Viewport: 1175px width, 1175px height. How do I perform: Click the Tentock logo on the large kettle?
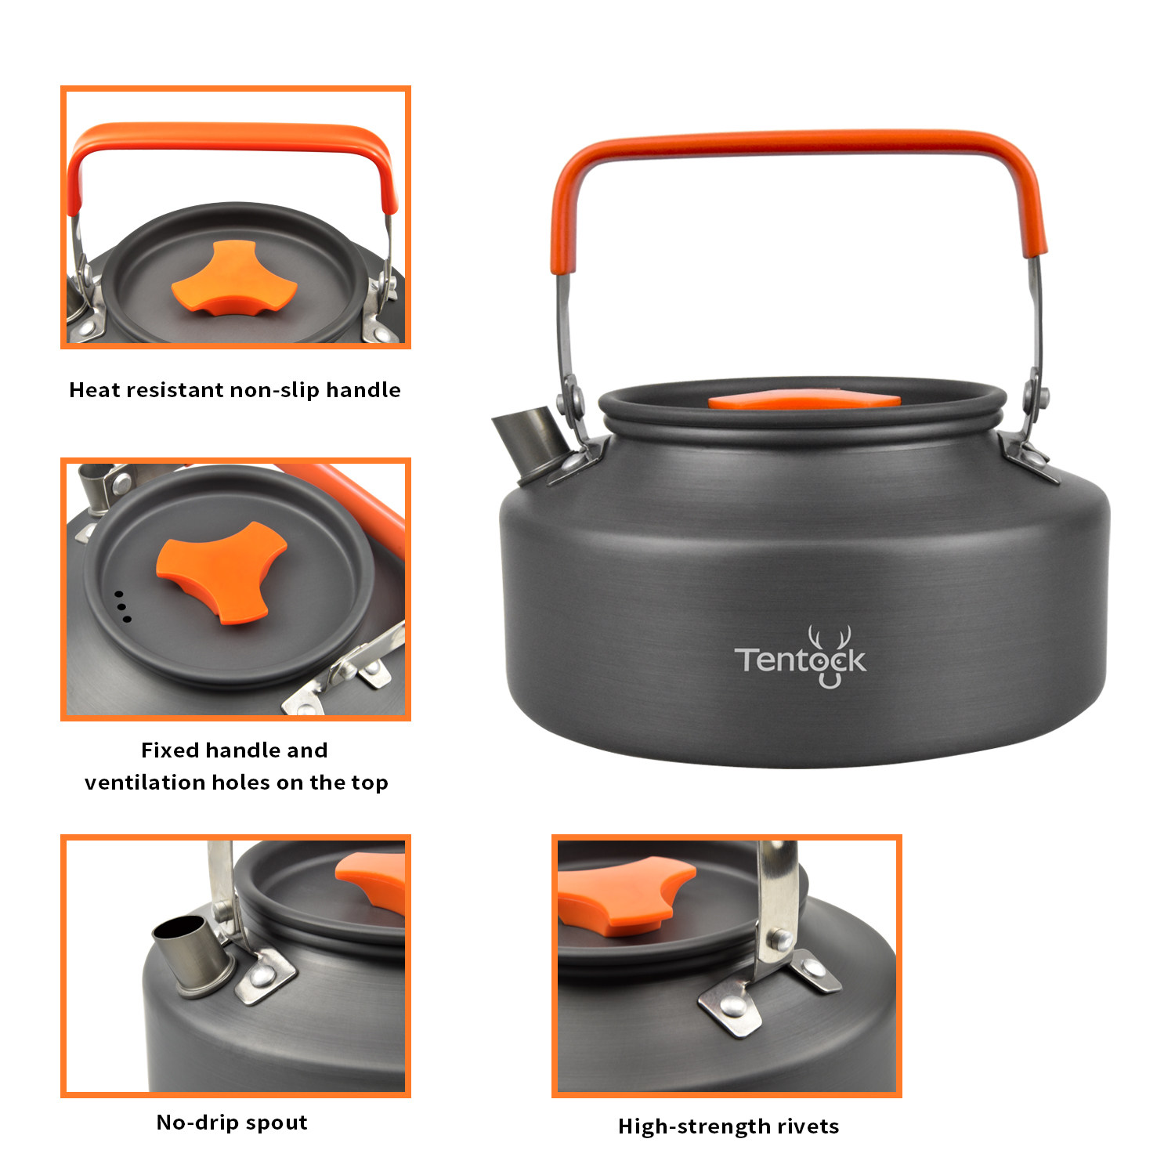800,658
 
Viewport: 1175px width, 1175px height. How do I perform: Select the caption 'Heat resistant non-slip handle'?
235,390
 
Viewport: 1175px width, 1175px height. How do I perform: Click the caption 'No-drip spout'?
232,1123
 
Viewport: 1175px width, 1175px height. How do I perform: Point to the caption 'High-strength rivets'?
728,1126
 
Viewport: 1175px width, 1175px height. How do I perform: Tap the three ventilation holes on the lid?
123,607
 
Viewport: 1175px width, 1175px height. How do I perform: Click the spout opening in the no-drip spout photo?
180,927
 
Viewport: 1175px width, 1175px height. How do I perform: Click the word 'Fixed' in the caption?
169,750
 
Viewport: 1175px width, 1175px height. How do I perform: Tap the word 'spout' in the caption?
278,1123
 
